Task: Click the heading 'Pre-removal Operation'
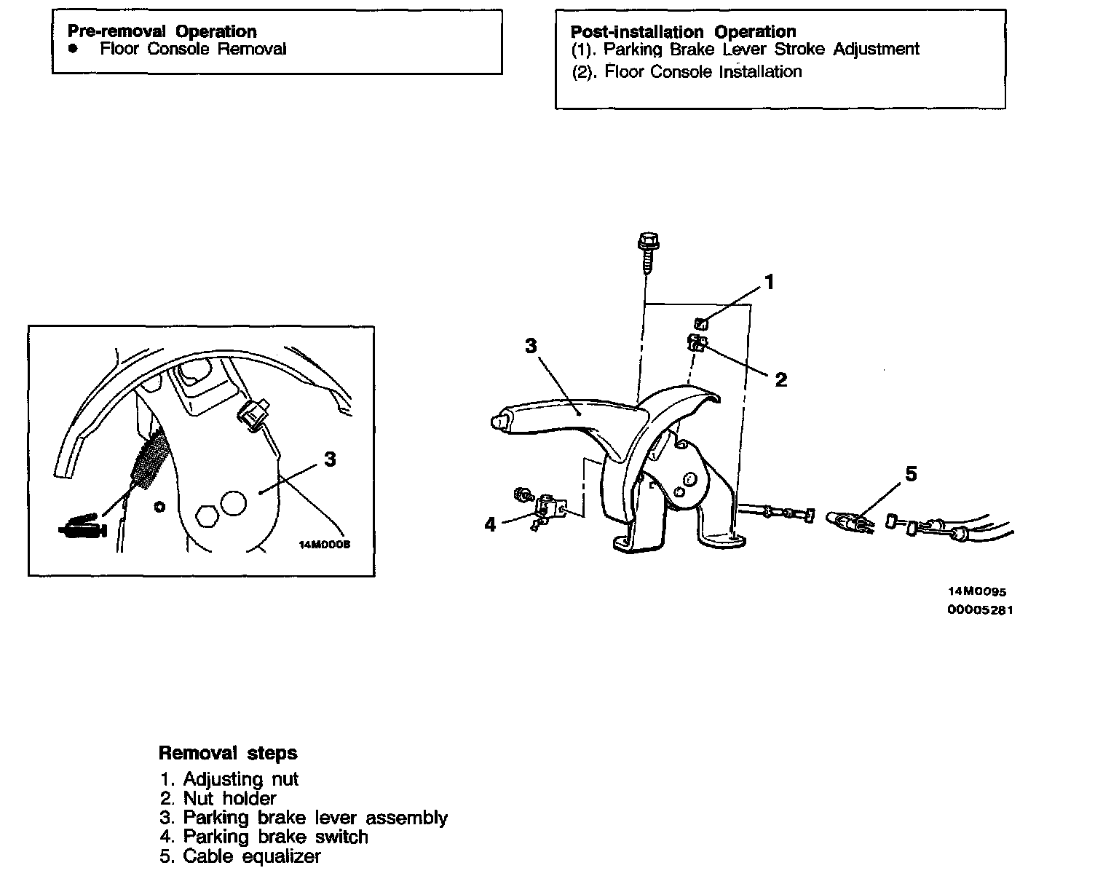[x=162, y=31]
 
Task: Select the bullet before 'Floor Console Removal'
[x=72, y=48]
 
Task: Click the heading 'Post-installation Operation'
[x=683, y=31]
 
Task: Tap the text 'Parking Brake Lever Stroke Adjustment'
[x=761, y=49]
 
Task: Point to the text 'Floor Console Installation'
[x=703, y=71]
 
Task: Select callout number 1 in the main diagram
[x=770, y=282]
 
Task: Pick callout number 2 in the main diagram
[x=780, y=379]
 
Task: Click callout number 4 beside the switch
[x=490, y=524]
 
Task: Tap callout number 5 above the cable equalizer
[x=911, y=474]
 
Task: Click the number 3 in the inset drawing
[x=330, y=459]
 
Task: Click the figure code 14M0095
[x=976, y=592]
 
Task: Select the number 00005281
[x=979, y=609]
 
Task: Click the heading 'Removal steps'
[x=228, y=752]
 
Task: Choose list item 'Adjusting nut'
[x=240, y=778]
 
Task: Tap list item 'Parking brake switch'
[x=274, y=837]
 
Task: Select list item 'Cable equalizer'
[x=251, y=856]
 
